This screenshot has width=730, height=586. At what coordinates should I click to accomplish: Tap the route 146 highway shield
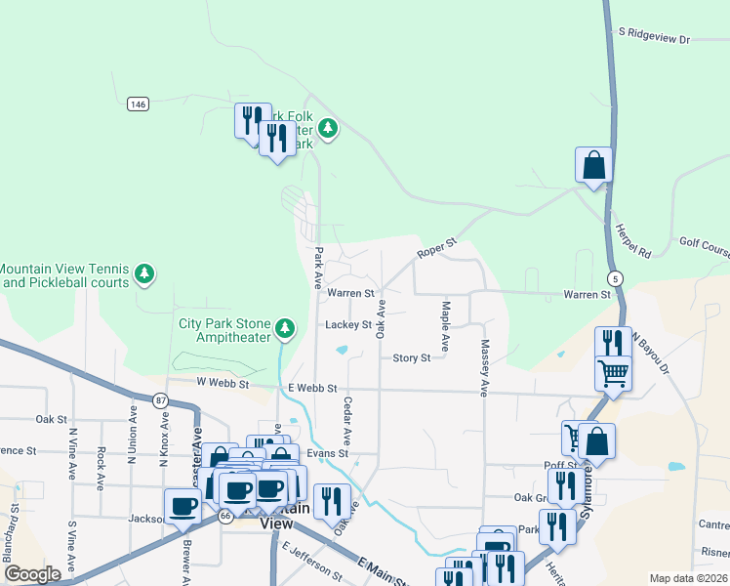coord(138,104)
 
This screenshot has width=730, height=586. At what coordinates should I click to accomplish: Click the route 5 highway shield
coord(613,278)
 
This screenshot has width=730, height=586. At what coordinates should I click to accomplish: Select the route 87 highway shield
coord(159,399)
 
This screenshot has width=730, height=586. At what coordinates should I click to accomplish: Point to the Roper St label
coord(436,248)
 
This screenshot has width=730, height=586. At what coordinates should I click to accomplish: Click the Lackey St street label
coord(348,324)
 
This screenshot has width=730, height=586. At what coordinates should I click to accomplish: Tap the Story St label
coord(411,358)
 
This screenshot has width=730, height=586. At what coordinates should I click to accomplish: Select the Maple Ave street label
coord(444,326)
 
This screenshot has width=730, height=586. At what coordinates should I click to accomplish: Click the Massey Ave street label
coord(483,367)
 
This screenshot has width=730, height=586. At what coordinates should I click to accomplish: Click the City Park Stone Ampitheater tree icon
coord(285,327)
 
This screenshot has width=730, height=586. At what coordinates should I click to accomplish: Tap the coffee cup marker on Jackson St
coord(182,505)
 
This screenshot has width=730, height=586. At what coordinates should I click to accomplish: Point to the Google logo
coord(32,574)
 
